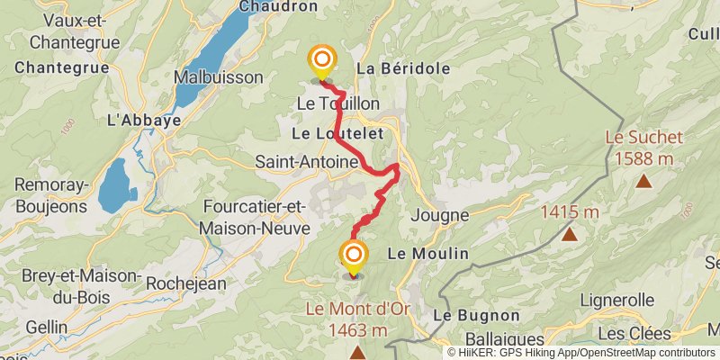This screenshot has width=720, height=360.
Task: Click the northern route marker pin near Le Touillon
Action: coord(321,61)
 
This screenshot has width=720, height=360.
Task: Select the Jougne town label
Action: coord(439,215)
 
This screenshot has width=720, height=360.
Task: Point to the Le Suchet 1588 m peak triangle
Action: coord(643,181)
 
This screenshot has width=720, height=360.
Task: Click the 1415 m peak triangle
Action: coord(569,235)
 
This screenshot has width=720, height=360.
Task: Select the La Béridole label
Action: coord(391,68)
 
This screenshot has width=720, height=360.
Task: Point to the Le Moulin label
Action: coord(427,254)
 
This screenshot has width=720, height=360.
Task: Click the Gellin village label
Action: coord(46,326)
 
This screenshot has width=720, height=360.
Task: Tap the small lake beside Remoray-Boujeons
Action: coord(117,184)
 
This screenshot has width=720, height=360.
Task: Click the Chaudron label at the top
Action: coord(278,6)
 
